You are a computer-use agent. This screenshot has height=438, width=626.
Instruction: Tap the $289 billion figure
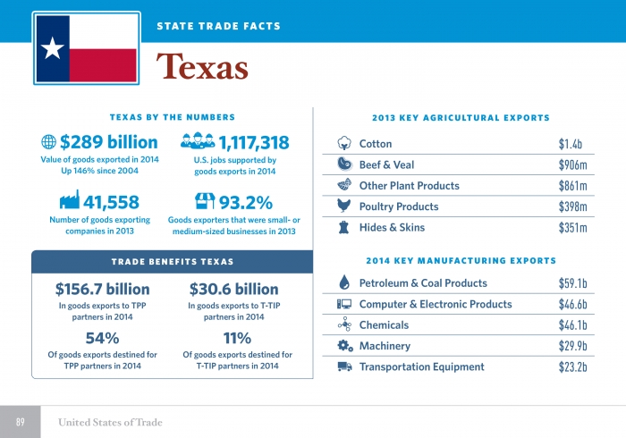[108, 142]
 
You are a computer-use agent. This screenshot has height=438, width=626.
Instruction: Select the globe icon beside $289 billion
[49, 142]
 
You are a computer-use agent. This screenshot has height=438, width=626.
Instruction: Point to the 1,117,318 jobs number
[254, 142]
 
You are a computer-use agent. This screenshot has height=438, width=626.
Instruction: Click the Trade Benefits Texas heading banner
[172, 261]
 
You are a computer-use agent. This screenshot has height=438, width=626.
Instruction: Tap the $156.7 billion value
[102, 290]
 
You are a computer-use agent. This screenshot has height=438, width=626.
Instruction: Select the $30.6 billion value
[234, 290]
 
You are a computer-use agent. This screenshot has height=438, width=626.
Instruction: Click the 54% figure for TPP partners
[102, 338]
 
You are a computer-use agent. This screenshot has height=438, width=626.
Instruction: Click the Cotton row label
[376, 144]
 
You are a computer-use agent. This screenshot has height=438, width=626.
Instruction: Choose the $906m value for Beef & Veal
[571, 165]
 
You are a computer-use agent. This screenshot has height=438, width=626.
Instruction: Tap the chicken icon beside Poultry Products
[344, 206]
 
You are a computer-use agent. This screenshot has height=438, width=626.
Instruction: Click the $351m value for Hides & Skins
[571, 228]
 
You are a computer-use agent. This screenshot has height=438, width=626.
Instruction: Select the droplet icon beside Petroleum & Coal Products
[344, 283]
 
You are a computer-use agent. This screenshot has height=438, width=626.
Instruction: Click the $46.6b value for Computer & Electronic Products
[571, 305]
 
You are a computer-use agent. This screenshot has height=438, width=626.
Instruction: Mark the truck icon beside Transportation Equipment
[344, 366]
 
